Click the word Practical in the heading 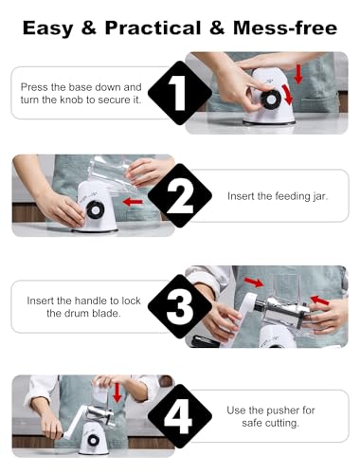pyautogui.click(x=153, y=28)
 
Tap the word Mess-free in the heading pyautogui.click(x=285, y=27)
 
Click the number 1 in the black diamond pyautogui.click(x=179, y=93)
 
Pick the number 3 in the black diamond pyautogui.click(x=180, y=306)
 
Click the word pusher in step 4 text pyautogui.click(x=283, y=410)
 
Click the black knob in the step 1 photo pyautogui.click(x=271, y=100)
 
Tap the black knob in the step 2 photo pyautogui.click(x=94, y=210)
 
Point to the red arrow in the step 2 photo pyautogui.click(x=133, y=202)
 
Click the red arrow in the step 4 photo pyautogui.click(x=117, y=392)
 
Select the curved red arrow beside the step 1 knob pyautogui.click(x=287, y=94)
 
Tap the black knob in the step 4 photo pyautogui.click(x=93, y=440)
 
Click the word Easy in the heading pyautogui.click(x=48, y=28)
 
